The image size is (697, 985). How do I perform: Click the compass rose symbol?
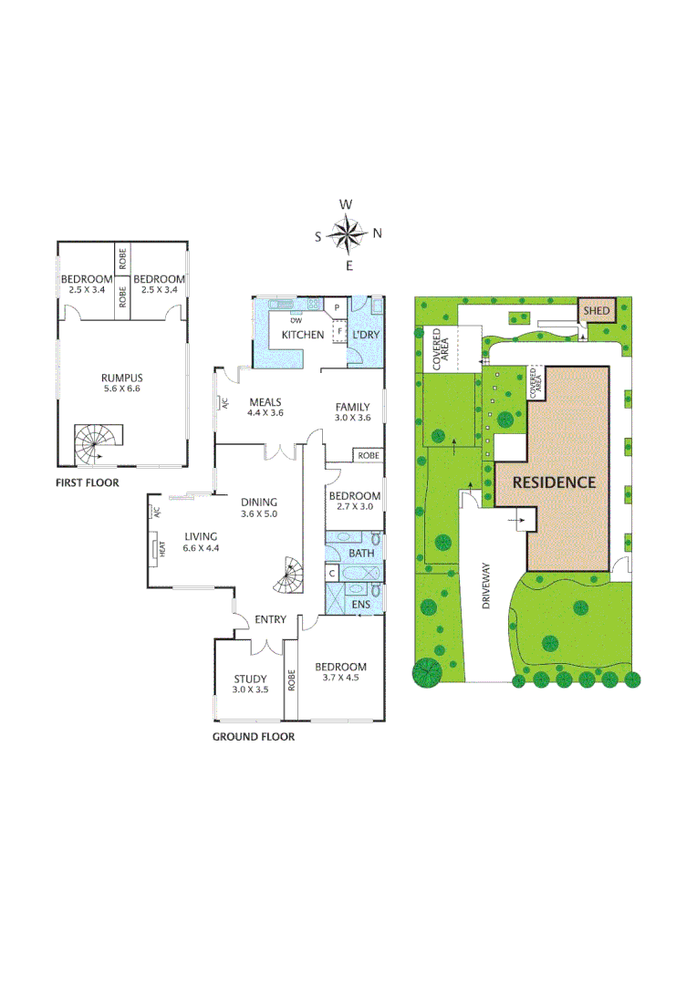tap(346, 234)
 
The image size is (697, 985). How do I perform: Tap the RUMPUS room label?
tap(121, 376)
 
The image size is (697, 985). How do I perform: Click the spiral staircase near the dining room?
tap(292, 574)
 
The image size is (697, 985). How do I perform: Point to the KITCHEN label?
tap(302, 335)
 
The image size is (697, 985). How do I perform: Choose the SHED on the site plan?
tap(597, 311)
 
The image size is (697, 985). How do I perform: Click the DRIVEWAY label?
tap(486, 585)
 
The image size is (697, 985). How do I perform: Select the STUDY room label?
tap(250, 679)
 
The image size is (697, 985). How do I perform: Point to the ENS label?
tap(360, 604)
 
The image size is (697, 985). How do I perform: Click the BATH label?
tap(361, 554)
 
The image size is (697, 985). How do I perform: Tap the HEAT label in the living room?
tap(162, 549)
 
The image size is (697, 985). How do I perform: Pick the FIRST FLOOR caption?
tap(88, 482)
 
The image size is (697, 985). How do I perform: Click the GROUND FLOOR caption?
tap(254, 736)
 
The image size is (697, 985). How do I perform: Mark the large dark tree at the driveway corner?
tap(427, 673)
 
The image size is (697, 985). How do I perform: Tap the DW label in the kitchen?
tap(296, 320)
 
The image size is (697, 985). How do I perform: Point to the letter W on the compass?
tap(346, 204)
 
